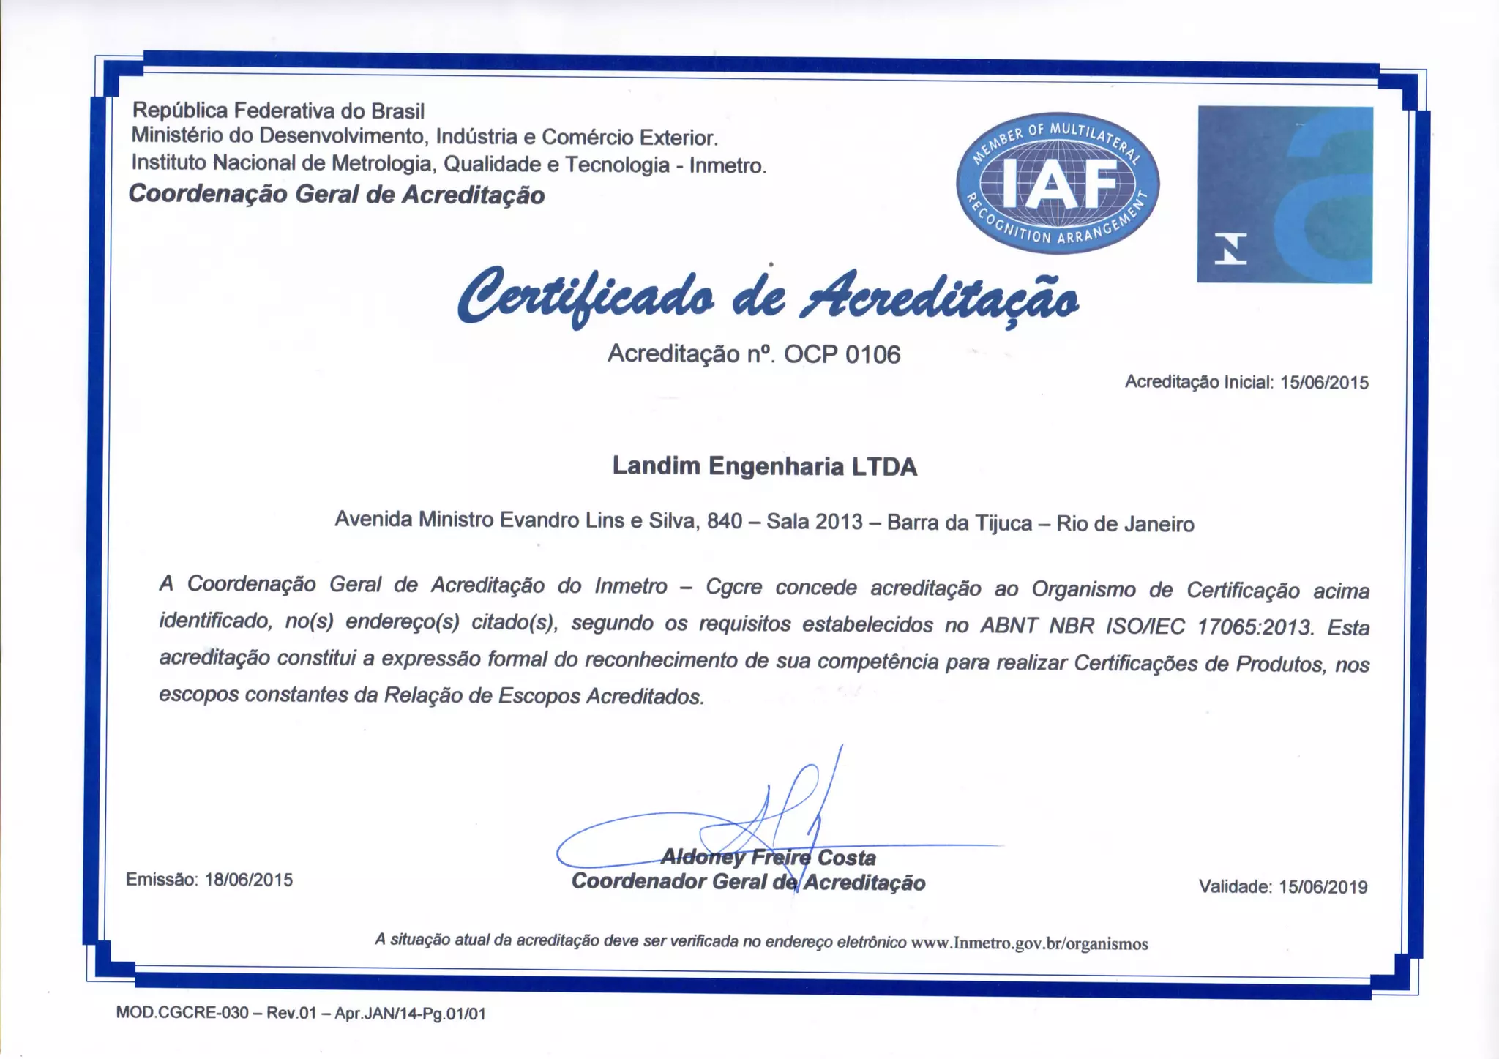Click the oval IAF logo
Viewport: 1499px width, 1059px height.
pos(1058,183)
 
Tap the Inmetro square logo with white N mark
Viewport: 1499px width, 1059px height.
pos(1285,195)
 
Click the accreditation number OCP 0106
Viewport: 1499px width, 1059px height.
pos(842,355)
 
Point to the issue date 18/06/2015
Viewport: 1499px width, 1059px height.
pos(249,880)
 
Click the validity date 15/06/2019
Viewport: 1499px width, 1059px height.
pos(1323,887)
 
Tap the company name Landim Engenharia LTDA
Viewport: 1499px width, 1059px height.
pos(764,466)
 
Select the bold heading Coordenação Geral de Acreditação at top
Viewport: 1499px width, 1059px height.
pos(337,195)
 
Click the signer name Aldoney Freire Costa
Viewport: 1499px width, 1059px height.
pos(768,857)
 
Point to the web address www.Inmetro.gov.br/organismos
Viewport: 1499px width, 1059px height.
pos(1029,943)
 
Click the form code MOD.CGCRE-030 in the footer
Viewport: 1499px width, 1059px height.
pos(182,1014)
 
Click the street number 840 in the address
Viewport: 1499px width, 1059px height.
pos(725,521)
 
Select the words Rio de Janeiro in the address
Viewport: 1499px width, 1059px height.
pos(1125,524)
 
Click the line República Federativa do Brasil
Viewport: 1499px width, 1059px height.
pos(278,111)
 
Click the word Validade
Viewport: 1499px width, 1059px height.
pos(1236,887)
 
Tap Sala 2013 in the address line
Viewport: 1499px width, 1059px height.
pos(815,522)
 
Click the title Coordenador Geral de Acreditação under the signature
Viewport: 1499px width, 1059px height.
pos(748,882)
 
